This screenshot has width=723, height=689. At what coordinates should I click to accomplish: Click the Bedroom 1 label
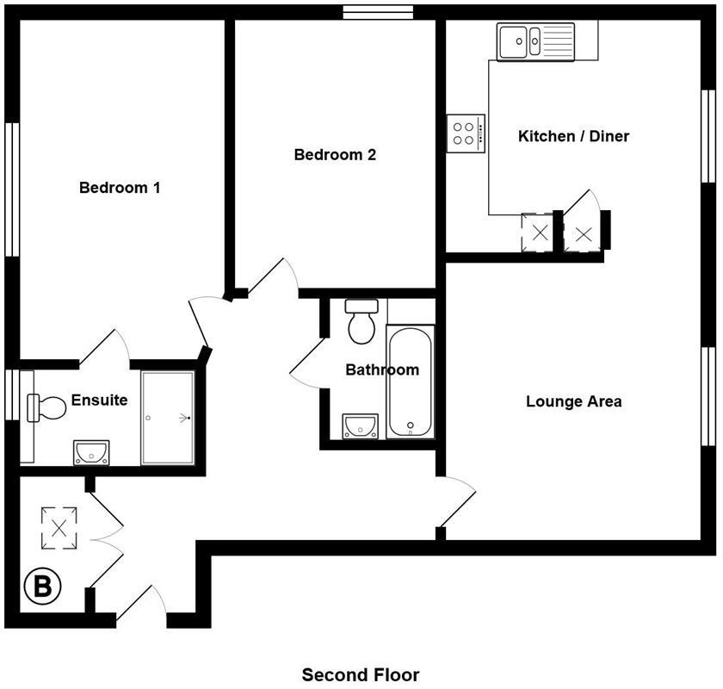(120, 188)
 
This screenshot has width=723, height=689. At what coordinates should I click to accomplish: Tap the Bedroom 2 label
(335, 155)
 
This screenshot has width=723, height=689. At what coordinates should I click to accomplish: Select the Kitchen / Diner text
(573, 136)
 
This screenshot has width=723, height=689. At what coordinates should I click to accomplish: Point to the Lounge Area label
(573, 401)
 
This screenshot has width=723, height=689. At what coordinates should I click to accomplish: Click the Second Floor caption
(361, 674)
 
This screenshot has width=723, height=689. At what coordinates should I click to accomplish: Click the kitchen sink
(523, 40)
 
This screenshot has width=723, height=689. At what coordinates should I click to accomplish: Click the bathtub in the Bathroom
(410, 382)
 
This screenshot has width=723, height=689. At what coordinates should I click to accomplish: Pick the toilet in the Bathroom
(361, 320)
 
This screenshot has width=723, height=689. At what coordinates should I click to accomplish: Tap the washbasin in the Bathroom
(359, 425)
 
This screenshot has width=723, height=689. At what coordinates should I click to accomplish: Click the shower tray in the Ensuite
(168, 418)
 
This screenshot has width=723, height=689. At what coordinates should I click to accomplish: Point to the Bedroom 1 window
(12, 189)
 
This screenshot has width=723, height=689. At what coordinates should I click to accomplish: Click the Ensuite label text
(99, 400)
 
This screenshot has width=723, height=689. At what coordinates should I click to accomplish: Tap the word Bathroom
(382, 370)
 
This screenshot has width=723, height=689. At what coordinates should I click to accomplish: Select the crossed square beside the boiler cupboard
(59, 527)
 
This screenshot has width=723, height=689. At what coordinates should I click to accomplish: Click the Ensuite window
(10, 394)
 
